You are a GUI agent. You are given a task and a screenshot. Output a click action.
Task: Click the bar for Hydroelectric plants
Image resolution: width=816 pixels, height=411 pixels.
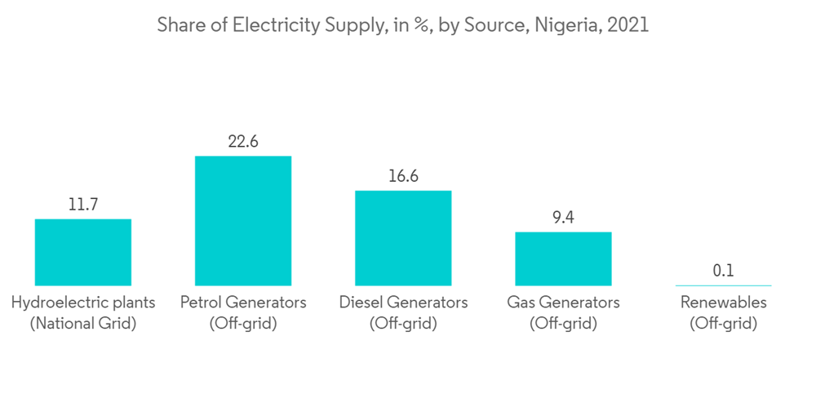click(x=82, y=252)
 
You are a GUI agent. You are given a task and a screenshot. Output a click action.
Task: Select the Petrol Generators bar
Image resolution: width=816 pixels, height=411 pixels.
click(x=242, y=220)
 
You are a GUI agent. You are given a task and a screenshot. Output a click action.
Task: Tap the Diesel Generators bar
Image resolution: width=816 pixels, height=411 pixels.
click(x=403, y=238)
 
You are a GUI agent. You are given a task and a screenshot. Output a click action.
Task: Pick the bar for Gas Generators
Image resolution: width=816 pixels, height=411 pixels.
click(x=563, y=259)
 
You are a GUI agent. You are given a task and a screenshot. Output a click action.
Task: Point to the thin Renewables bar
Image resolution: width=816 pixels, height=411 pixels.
click(x=723, y=285)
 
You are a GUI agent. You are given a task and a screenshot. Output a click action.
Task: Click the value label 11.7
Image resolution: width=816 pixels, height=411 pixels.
click(x=82, y=205)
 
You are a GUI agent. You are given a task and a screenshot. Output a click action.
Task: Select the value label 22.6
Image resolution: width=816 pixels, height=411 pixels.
click(x=242, y=142)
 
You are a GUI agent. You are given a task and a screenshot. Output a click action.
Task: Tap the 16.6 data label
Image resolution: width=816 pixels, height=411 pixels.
click(x=403, y=176)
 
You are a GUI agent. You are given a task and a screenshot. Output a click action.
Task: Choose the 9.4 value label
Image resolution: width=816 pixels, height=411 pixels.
click(x=563, y=218)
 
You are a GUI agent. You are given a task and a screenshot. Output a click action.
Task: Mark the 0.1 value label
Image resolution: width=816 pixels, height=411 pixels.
click(x=723, y=271)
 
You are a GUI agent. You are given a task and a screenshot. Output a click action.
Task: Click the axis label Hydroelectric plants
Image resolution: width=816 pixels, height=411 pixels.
click(x=82, y=303)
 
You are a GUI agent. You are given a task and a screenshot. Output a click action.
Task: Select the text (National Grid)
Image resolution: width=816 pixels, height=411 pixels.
click(x=82, y=324)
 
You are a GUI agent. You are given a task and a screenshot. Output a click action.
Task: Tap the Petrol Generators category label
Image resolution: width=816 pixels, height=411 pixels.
click(x=242, y=303)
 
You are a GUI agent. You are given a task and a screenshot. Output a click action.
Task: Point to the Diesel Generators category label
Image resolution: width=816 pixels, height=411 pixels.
click(x=403, y=303)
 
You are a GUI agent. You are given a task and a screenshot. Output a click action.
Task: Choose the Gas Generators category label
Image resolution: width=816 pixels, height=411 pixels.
click(x=563, y=303)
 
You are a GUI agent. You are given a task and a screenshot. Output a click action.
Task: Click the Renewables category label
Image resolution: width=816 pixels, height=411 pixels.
click(x=723, y=303)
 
